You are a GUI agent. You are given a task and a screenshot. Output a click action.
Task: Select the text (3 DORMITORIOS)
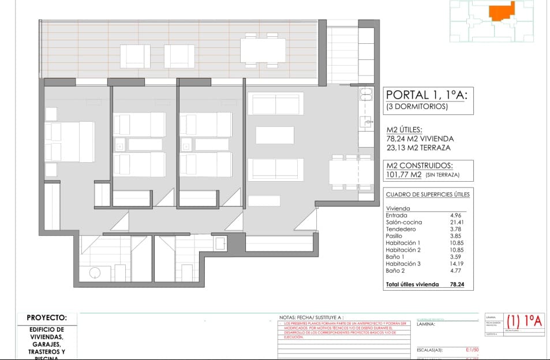tap(417, 107)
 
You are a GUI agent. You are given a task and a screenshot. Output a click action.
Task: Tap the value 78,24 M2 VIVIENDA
tap(420, 138)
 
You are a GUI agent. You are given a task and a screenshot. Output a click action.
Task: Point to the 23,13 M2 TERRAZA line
tap(418, 148)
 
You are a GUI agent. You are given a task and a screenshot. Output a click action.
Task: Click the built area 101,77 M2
tap(404, 175)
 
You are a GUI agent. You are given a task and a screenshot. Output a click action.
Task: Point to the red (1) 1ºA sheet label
tap(524, 321)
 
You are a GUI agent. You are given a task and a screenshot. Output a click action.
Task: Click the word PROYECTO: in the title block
tap(47, 318)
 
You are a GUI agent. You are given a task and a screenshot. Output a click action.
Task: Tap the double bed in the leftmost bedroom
tap(69, 141)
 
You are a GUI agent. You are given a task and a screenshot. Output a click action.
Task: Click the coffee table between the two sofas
tap(275, 135)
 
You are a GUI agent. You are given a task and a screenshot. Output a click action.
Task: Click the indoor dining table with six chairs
tap(351, 171)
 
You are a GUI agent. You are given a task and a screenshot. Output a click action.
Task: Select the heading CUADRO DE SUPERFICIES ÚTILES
tap(427, 194)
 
